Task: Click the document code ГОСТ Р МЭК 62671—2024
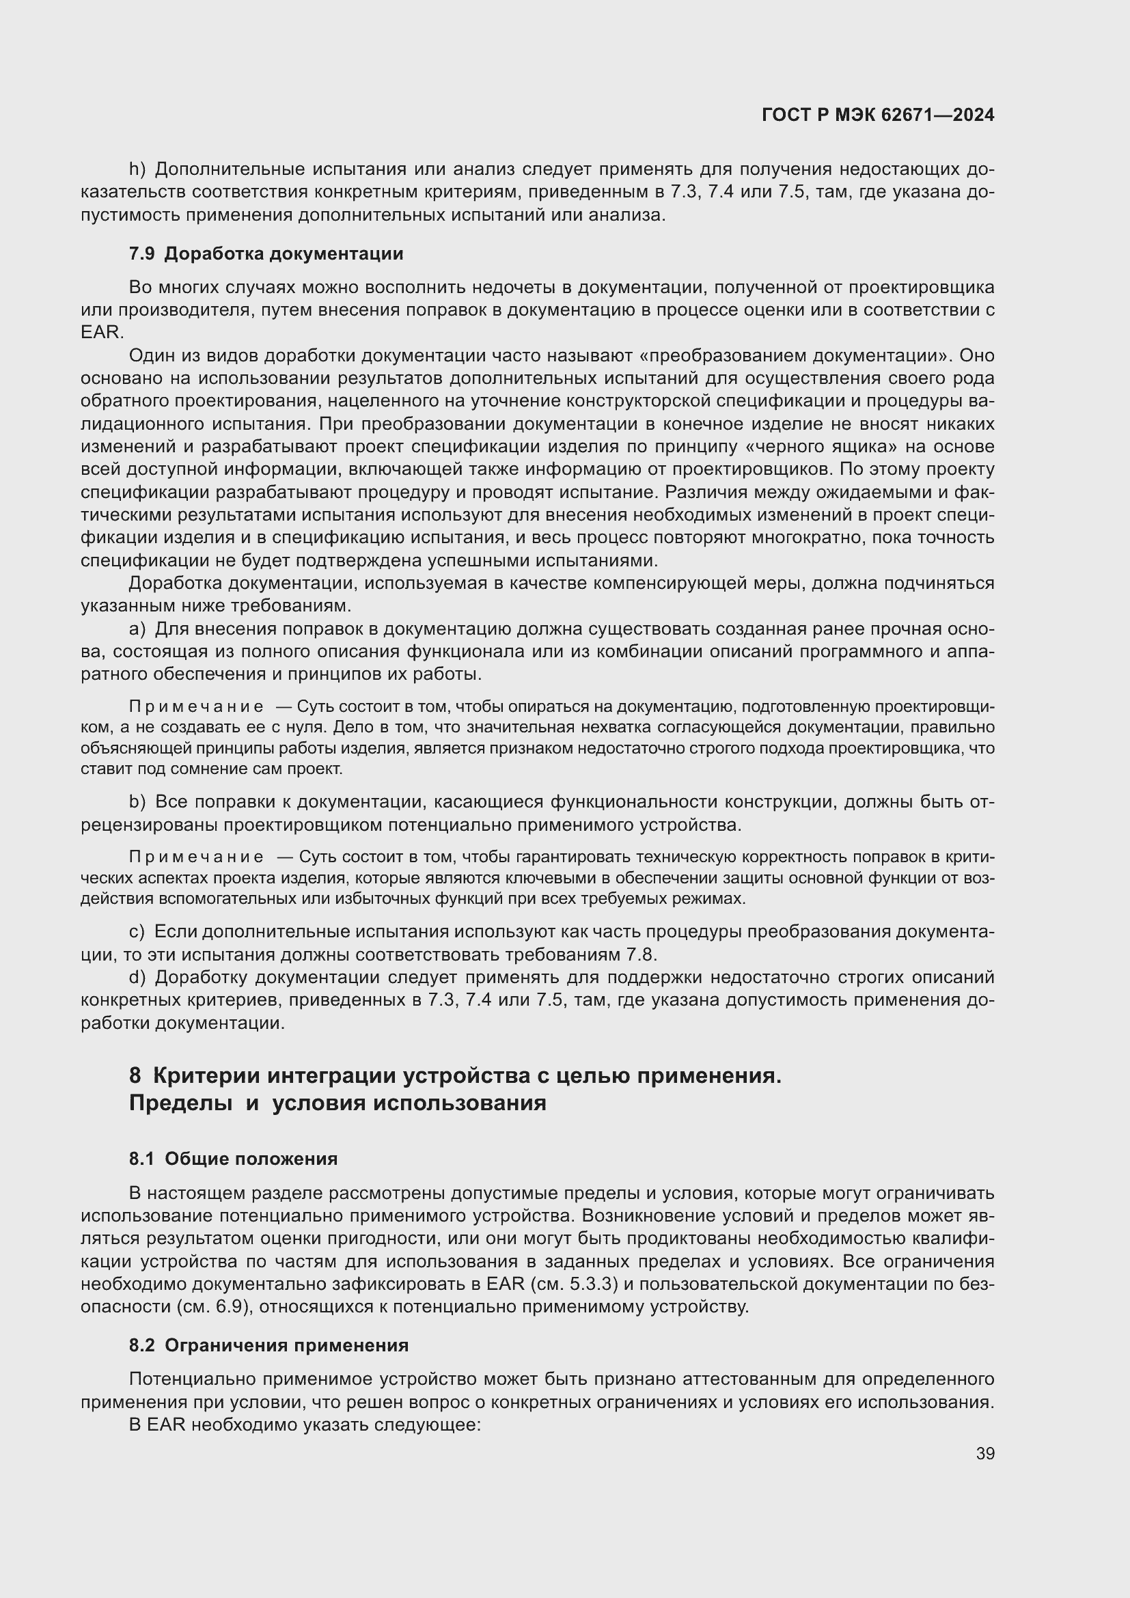coord(877,115)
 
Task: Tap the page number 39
coord(984,1453)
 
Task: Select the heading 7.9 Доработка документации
coord(266,253)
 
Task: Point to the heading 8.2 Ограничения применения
coord(268,1345)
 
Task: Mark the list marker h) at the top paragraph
coord(137,169)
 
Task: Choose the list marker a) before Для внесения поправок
coord(137,629)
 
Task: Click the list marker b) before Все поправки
coord(137,803)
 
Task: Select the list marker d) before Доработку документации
coord(137,977)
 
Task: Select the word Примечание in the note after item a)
coord(196,707)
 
